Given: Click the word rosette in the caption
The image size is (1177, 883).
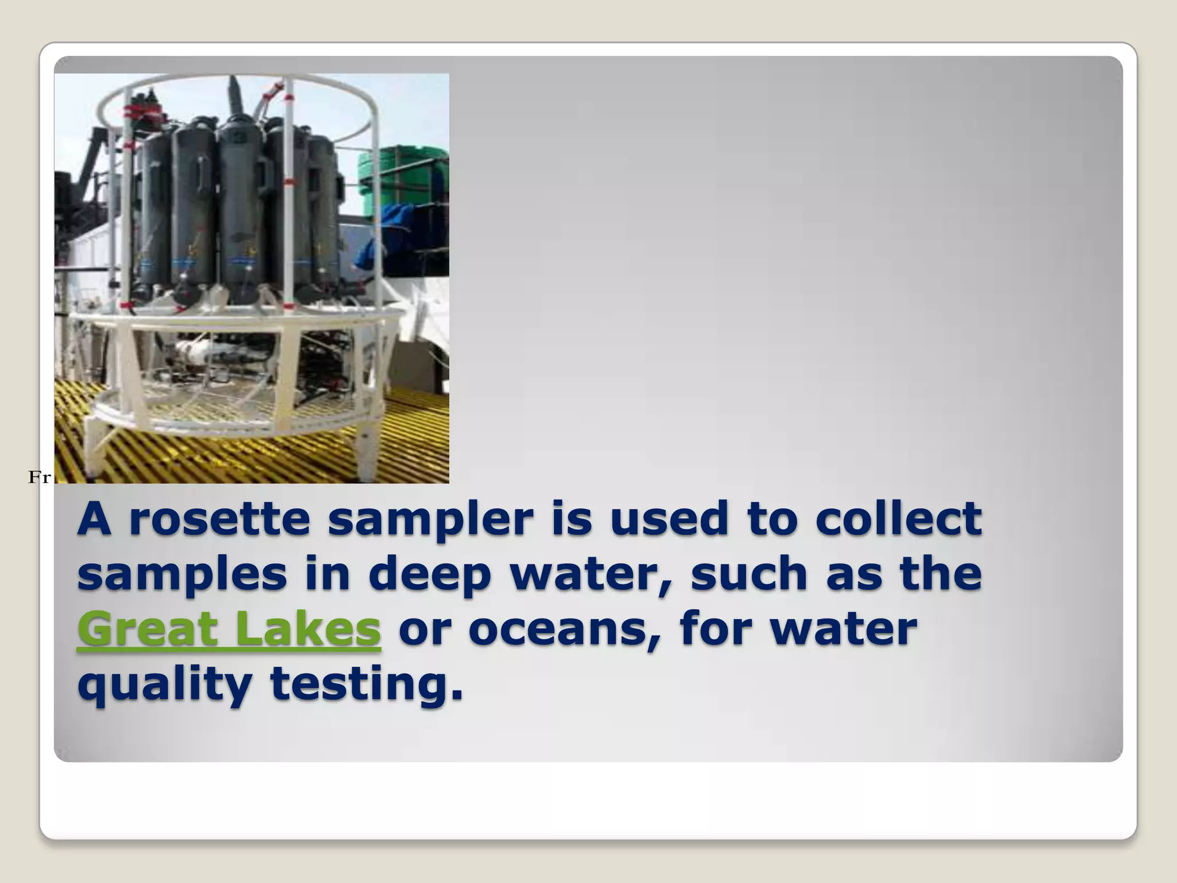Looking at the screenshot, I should click(x=220, y=519).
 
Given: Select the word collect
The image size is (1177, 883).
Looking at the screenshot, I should click(x=898, y=519).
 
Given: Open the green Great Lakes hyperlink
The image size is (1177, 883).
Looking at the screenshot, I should click(x=229, y=629).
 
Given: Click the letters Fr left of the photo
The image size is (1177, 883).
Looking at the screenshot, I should click(x=39, y=477).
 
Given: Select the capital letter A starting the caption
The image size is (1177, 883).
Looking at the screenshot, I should click(x=94, y=519).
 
